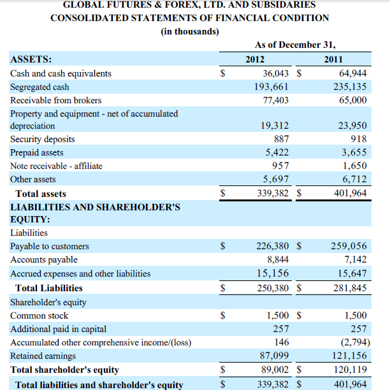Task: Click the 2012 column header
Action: pos(254,59)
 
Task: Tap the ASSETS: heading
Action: pos(31,59)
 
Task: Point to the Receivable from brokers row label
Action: pos(56,100)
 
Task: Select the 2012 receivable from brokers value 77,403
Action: pos(276,100)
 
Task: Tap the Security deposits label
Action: pos(43,139)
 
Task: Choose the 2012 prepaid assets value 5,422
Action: pos(277,152)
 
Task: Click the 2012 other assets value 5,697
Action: pos(277,179)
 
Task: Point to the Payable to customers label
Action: pos(50,246)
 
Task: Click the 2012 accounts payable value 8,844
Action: pos(277,259)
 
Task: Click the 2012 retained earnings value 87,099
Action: pos(275,356)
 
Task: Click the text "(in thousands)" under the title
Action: pos(190,31)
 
